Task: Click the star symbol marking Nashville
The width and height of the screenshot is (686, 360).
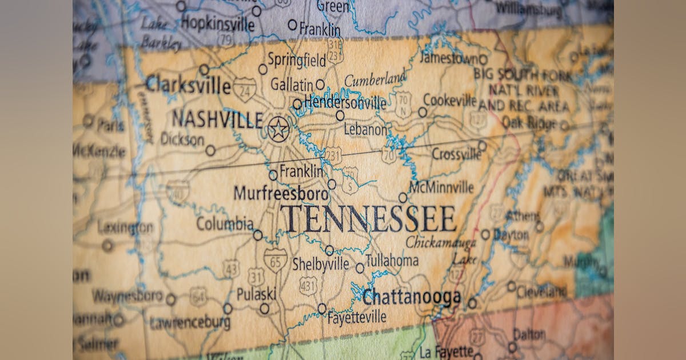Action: tap(278, 129)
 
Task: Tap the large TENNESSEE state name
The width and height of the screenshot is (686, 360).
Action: tap(368, 218)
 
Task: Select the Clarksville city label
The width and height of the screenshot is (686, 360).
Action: tap(189, 85)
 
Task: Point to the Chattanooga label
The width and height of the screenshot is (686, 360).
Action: tap(412, 297)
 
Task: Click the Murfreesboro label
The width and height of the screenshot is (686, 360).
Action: tap(281, 193)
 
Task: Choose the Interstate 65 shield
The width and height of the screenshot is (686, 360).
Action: tap(275, 259)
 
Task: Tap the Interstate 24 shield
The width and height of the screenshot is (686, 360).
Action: tap(245, 89)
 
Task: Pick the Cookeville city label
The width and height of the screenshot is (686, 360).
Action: tap(450, 101)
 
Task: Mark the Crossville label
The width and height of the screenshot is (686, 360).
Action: tap(456, 154)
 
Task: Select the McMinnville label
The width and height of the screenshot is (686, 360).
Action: tap(441, 187)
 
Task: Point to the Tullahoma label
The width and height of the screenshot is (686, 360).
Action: tap(392, 261)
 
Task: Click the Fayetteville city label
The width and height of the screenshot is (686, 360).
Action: tap(357, 317)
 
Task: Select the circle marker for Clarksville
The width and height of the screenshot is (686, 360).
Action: tap(204, 70)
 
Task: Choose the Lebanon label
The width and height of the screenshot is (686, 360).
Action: tap(365, 130)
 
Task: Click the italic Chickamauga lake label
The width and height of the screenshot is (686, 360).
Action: tap(441, 243)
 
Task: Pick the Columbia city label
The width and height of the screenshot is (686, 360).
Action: tap(225, 223)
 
